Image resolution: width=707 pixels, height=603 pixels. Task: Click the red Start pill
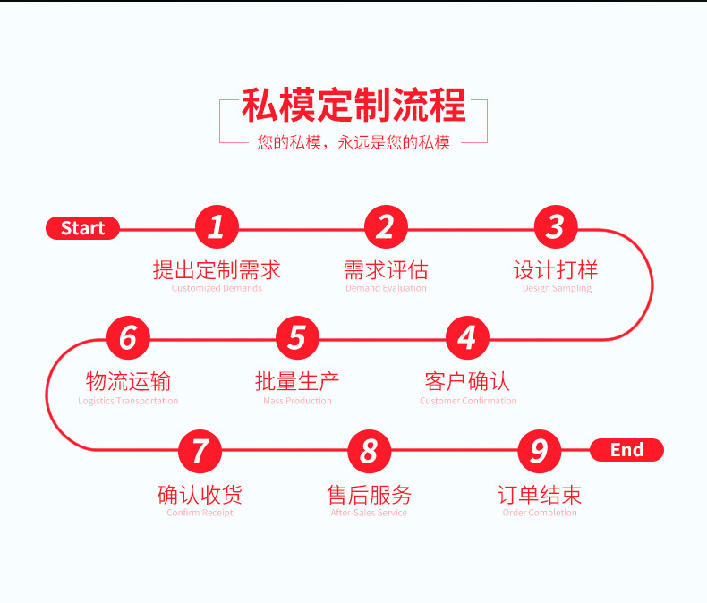tap(82, 229)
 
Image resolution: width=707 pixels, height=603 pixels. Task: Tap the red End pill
tap(626, 450)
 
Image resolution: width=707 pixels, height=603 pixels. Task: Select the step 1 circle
tap(217, 227)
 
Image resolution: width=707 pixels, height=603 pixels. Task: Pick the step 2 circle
tap(386, 227)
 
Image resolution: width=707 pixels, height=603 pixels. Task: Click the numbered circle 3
tap(556, 227)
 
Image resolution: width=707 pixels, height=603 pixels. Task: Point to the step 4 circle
tap(467, 338)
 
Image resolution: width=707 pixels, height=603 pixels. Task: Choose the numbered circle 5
tap(297, 338)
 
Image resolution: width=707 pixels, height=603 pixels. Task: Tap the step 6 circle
tap(128, 338)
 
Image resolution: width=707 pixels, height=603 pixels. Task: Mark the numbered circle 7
tap(200, 450)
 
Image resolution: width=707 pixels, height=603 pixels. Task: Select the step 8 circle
tap(369, 450)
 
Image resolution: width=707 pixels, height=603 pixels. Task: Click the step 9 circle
tap(539, 450)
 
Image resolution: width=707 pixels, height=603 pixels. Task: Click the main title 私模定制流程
tap(353, 106)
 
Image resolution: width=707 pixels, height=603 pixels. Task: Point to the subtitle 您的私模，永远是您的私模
tap(353, 142)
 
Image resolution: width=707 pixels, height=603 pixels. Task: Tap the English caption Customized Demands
tap(217, 288)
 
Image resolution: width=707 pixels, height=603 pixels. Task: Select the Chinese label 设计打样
tap(556, 269)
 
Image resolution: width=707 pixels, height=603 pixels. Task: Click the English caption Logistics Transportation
tap(128, 401)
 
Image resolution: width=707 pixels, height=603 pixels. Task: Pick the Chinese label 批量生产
tap(297, 381)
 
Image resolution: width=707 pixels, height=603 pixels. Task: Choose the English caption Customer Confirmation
tap(467, 401)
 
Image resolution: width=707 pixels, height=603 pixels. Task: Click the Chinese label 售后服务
tap(369, 494)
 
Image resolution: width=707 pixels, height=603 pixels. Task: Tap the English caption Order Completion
tap(540, 513)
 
